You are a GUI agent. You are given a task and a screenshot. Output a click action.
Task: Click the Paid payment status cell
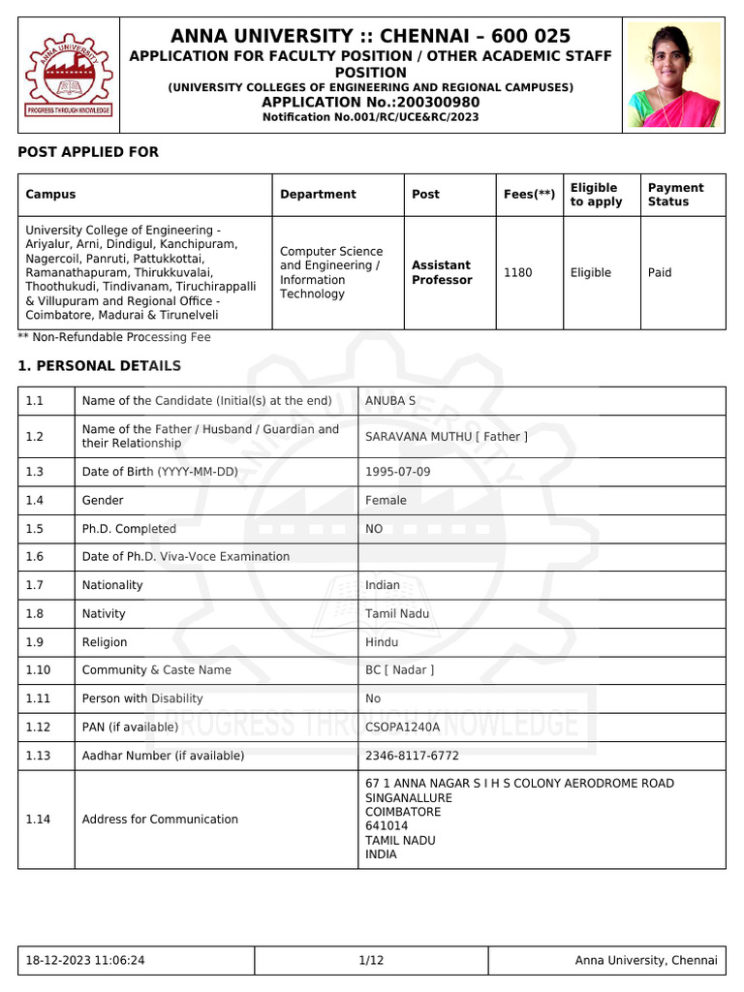[x=660, y=273]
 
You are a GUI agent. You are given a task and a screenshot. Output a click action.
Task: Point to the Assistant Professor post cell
[x=441, y=273]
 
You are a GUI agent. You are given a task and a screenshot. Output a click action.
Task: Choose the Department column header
[x=318, y=195]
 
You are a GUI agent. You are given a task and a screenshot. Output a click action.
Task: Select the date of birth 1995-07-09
[x=398, y=472]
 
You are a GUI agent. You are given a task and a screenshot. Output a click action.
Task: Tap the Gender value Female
[x=386, y=501]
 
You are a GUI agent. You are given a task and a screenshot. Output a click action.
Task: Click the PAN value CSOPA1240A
[x=402, y=727]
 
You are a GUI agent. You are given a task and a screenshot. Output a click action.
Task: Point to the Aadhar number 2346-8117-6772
[x=412, y=756]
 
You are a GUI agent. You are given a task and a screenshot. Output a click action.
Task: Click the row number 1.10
[x=39, y=670]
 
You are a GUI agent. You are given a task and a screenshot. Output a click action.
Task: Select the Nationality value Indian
[x=383, y=585]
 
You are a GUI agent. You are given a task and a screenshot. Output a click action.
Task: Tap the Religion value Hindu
[x=382, y=642]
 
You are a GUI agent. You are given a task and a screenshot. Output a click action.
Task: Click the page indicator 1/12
[x=371, y=961]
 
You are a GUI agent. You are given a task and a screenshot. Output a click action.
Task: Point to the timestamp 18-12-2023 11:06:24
[x=85, y=961]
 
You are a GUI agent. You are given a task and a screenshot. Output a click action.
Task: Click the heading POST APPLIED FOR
[x=88, y=152]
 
